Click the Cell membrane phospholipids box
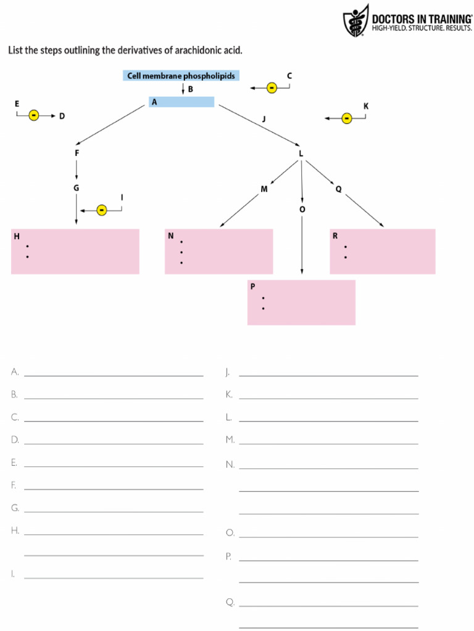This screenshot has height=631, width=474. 181,76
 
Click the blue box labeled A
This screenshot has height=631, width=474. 181,102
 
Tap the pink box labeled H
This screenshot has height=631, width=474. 75,251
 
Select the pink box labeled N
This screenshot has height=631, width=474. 218,251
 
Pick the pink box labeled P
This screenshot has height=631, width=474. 301,303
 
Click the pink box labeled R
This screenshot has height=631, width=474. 382,251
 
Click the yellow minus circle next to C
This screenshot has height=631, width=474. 272,88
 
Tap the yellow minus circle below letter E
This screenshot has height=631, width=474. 34,115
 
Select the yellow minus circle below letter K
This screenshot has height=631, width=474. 347,118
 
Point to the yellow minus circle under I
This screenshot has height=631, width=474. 102,211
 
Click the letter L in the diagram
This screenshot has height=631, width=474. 301,153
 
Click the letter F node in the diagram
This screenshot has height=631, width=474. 77,152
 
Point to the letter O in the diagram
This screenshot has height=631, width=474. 302,210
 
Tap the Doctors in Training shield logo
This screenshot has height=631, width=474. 355,20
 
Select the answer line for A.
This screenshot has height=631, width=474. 114,375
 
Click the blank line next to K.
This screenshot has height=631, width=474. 328,398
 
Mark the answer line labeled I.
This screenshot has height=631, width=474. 114,577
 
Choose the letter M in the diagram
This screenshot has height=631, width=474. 264,189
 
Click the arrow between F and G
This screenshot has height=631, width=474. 77,169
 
